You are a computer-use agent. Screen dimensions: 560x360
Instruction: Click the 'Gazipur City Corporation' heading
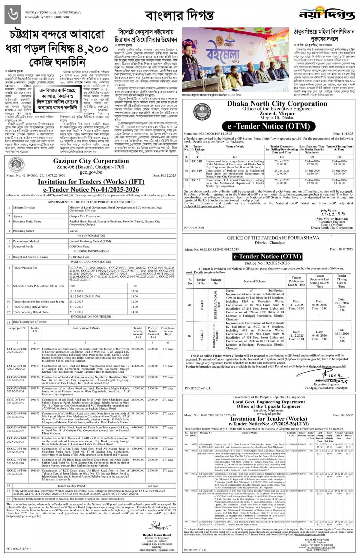coord(91,161)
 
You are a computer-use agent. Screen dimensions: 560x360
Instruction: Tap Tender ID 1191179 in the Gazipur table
coord(34,349)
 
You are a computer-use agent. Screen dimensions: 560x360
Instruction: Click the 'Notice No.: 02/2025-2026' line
coord(267,263)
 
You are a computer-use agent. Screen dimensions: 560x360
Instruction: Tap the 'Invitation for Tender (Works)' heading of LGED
coord(268,419)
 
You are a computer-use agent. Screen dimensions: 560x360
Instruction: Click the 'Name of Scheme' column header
coord(255,281)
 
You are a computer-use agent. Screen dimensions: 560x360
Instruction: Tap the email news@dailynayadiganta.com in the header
coord(47,17)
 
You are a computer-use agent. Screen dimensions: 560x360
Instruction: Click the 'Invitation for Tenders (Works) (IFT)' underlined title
coord(91,182)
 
